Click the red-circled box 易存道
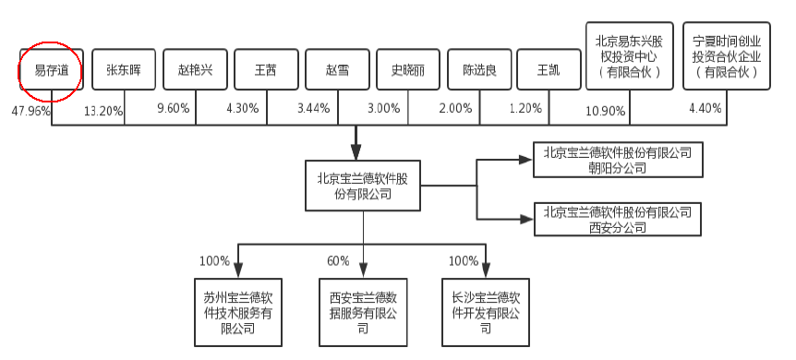pos(51,70)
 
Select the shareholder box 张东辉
pos(123,70)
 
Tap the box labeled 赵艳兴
pos(195,70)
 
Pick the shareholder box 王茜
pos(266,70)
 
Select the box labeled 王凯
pos(548,70)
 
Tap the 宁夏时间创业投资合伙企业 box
pos(726,56)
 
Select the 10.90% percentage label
pos(607,111)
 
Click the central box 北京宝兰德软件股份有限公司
pos(363,185)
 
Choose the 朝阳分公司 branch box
pos(618,160)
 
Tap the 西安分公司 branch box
pos(618,219)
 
